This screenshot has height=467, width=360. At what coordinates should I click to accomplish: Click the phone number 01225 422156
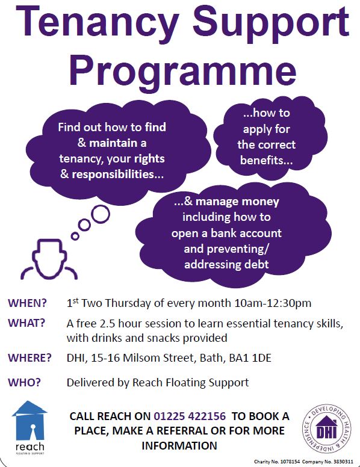click(190, 416)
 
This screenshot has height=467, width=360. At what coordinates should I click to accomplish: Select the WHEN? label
click(28, 303)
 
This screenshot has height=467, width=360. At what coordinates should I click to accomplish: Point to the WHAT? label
click(26, 323)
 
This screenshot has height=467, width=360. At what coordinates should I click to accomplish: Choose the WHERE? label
click(29, 357)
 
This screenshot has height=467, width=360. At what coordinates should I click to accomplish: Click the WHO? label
click(24, 382)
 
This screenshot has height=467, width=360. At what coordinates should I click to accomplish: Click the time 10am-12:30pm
click(273, 303)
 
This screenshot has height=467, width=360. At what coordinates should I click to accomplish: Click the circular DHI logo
click(327, 428)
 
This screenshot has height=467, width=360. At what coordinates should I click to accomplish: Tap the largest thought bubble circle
click(101, 214)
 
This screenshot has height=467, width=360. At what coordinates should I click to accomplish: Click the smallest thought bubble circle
click(75, 236)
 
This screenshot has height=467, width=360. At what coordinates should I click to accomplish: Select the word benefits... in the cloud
click(267, 160)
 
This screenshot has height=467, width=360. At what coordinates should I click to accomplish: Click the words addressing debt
click(226, 264)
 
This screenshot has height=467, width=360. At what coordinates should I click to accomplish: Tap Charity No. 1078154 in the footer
click(277, 462)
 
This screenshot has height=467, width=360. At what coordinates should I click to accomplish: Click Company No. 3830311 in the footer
click(327, 462)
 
